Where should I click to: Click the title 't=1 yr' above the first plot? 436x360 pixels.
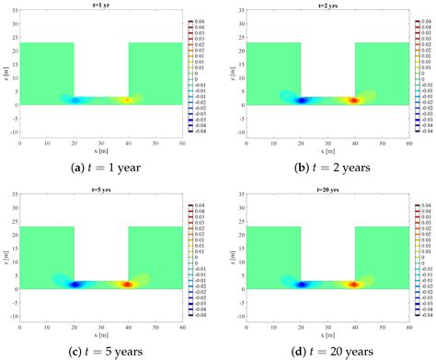[x=101, y=6]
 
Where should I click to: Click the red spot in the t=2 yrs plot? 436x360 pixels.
[x=351, y=100]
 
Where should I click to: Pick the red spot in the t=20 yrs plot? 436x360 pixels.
[x=351, y=285]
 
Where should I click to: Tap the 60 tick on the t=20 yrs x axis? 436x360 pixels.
[x=408, y=325]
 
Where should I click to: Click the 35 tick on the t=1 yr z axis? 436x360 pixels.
[x=15, y=11]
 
